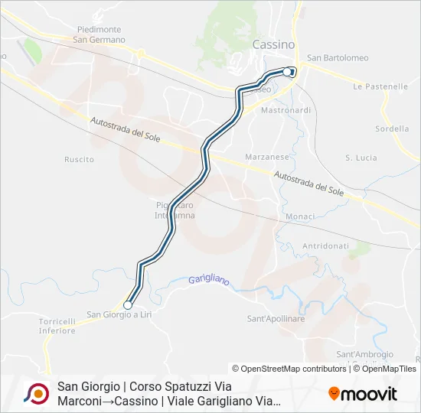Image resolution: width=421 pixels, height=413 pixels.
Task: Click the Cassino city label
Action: [273, 45]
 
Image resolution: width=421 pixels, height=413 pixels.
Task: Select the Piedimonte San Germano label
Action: [99, 34]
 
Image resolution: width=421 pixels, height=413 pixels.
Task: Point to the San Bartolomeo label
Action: [338, 58]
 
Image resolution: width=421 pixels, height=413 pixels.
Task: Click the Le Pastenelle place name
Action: [380, 87]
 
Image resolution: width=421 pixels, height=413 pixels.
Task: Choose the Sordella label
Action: [393, 128]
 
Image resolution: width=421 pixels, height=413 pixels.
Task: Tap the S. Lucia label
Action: [361, 158]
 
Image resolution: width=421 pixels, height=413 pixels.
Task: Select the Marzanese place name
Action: [266, 156]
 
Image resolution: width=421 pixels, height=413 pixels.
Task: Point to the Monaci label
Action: [300, 216]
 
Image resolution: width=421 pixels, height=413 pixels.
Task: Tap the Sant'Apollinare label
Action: [276, 318]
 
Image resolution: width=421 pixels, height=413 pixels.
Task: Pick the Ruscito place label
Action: [80, 159]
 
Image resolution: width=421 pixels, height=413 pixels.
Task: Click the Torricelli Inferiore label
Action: [57, 326]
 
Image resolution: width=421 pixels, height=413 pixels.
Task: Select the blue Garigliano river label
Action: [209, 281]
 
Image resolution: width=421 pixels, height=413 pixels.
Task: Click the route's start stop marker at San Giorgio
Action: [128, 305]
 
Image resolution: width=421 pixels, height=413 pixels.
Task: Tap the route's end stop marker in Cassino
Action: [288, 72]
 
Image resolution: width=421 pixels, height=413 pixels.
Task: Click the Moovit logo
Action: [363, 394]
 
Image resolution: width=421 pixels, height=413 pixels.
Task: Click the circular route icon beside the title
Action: [37, 393]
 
